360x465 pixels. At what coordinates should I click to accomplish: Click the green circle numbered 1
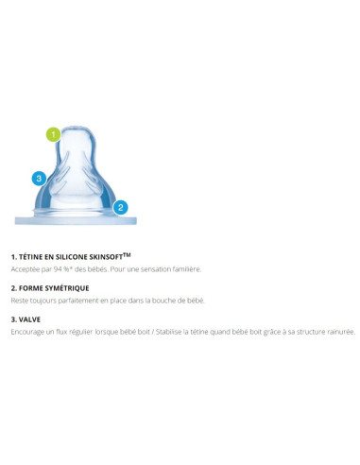(x=54, y=134)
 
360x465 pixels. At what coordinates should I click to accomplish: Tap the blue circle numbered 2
(x=120, y=208)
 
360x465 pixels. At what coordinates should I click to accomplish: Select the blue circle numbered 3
(x=39, y=179)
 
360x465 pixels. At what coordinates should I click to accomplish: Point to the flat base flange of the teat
(x=76, y=220)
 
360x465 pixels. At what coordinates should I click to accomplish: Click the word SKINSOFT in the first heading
(x=106, y=257)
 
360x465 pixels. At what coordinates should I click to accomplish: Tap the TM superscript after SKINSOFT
(x=127, y=254)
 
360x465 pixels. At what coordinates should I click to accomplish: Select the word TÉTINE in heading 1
(x=30, y=257)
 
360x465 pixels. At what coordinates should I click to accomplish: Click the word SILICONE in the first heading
(x=71, y=257)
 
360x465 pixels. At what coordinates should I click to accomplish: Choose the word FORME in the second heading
(x=31, y=288)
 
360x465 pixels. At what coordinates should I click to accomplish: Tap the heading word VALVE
(x=29, y=319)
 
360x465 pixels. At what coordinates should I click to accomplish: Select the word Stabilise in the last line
(x=168, y=332)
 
